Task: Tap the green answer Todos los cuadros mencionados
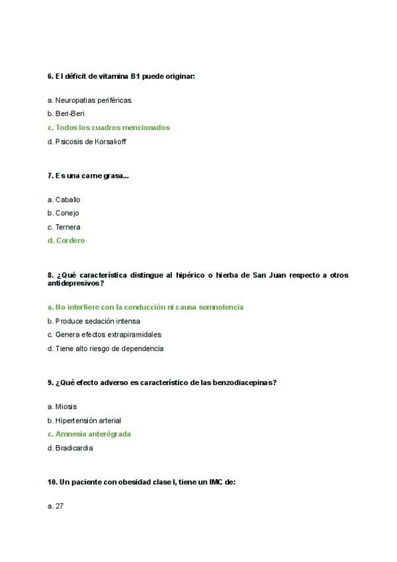(109, 127)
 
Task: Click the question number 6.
(50, 77)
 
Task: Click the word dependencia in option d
(142, 349)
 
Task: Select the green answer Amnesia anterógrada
(89, 434)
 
